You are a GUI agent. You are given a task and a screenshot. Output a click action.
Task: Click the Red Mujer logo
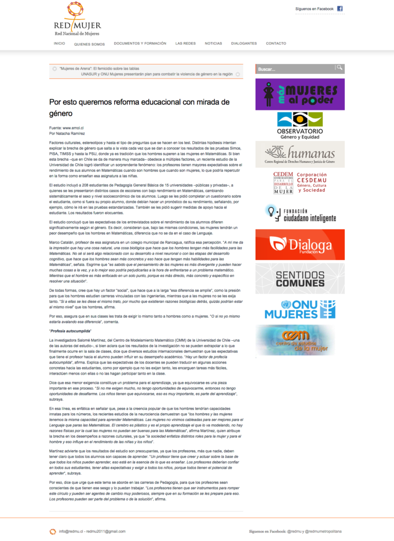tap(77, 19)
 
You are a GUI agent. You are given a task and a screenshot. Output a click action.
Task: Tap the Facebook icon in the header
tap(340, 8)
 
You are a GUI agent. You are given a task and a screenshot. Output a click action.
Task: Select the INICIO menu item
tap(59, 43)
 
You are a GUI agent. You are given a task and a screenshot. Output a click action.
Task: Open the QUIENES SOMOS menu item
tap(89, 44)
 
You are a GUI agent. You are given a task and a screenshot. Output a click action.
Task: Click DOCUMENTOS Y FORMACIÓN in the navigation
tap(140, 43)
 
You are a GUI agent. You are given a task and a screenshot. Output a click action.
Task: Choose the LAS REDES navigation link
tap(185, 43)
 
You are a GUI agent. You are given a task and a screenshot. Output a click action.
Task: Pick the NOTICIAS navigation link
tap(213, 43)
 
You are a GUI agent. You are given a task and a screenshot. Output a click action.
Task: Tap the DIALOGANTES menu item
tap(244, 43)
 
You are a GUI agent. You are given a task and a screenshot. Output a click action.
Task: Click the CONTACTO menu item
tap(276, 43)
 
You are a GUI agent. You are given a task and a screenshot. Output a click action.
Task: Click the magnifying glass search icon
tap(340, 68)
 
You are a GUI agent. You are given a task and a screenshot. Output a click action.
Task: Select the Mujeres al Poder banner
tap(300, 94)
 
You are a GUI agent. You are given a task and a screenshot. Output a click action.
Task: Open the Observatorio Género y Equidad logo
tap(300, 125)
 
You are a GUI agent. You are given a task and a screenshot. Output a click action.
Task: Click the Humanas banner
tap(300, 154)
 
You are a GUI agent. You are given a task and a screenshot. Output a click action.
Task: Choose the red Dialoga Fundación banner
tap(300, 244)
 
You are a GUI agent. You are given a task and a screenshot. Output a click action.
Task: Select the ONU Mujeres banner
tap(300, 309)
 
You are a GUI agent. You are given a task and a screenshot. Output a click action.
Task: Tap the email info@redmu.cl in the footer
tap(71, 531)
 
